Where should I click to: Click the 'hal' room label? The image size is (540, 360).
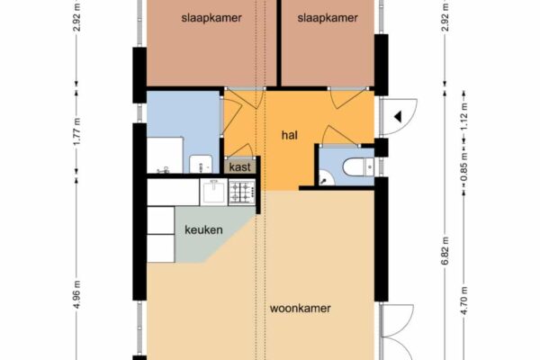pos(289,135)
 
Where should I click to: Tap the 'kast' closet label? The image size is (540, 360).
pos(239,167)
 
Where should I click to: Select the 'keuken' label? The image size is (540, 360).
pos(203,229)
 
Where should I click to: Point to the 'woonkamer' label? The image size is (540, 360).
pos(300,308)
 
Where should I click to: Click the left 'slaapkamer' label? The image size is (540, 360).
pos(211,18)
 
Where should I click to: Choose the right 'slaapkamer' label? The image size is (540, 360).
pos(328,18)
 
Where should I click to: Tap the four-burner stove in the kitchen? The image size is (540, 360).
pos(242,193)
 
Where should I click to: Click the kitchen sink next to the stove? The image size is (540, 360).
pos(214,193)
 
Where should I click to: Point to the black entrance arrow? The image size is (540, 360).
pos(398,117)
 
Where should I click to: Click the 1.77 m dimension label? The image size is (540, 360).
pos(76,131)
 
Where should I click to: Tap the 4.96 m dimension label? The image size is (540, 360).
pos(76,294)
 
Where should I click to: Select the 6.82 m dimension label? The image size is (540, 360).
pos(445,250)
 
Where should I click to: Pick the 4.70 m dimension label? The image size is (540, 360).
pos(463,301)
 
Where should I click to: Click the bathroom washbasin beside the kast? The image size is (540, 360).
pos(201,164)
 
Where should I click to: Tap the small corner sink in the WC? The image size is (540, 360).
pos(324,178)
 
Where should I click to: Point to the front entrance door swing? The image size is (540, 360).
pos(400,116)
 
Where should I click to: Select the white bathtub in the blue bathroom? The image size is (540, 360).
pos(165,155)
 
